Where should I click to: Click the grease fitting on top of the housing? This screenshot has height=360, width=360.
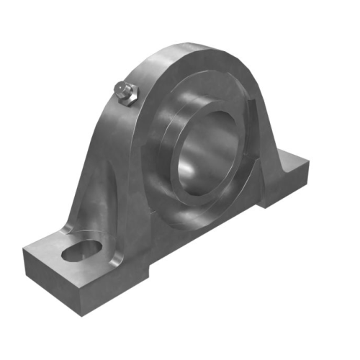tap(126, 93)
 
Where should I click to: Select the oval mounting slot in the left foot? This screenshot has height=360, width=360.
tap(80, 251)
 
